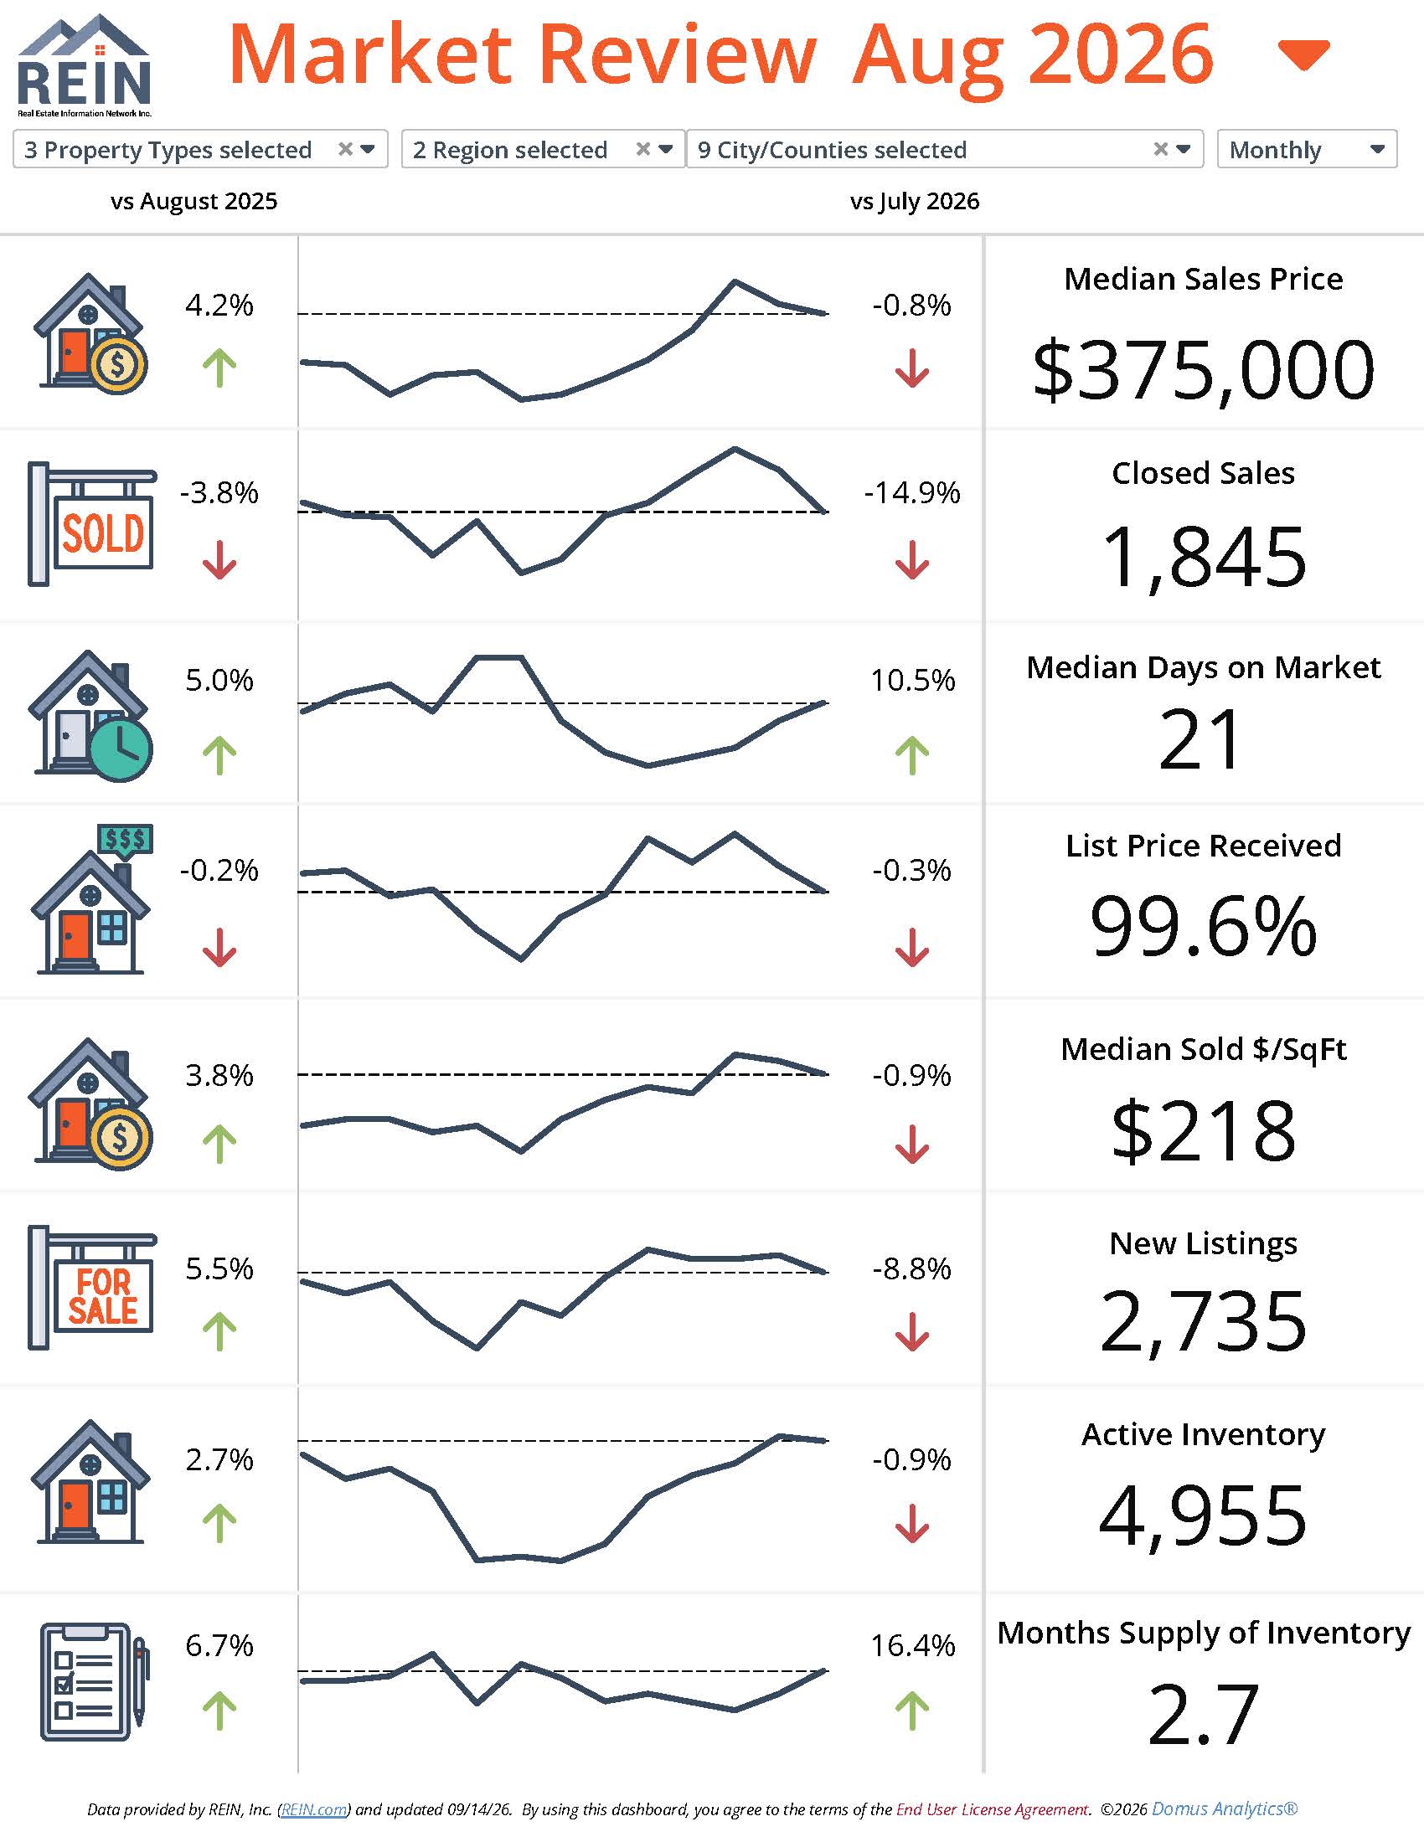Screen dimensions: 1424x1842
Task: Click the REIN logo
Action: click(x=84, y=65)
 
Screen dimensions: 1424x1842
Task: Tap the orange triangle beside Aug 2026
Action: click(x=1303, y=54)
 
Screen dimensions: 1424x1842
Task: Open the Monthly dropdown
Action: click(x=1307, y=149)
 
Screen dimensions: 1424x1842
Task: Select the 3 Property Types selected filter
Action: click(x=200, y=149)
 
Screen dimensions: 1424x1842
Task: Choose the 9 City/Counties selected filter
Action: click(x=945, y=149)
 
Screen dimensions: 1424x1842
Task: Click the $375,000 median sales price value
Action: click(x=1203, y=369)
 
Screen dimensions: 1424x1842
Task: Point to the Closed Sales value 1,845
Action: click(x=1203, y=557)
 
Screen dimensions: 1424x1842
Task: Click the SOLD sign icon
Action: click(x=92, y=524)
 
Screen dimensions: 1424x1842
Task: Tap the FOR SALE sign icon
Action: click(x=92, y=1288)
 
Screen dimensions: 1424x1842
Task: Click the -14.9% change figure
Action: click(x=912, y=492)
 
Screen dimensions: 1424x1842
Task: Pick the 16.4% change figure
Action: click(x=913, y=1644)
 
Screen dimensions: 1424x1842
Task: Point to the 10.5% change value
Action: click(x=913, y=680)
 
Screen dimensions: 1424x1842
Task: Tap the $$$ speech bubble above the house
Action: click(x=126, y=841)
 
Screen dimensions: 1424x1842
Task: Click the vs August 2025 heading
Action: click(x=194, y=202)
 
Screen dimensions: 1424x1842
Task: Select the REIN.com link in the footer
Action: click(x=314, y=1809)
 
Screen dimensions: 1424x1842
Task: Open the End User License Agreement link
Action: click(x=992, y=1809)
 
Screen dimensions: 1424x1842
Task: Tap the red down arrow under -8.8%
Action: click(x=912, y=1332)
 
